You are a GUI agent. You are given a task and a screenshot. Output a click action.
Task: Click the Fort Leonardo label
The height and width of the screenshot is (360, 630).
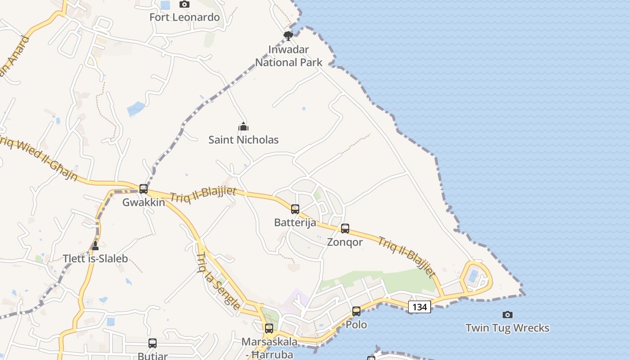tap(184, 18)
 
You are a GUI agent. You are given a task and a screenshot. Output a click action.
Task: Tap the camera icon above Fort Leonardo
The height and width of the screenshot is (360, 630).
tap(184, 4)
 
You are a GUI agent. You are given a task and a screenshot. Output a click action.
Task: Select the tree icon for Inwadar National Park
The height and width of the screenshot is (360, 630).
tap(288, 36)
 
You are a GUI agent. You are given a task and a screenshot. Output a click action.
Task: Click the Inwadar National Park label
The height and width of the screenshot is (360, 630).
tap(289, 56)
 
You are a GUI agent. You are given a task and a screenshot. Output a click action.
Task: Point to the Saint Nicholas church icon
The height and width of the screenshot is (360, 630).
tap(243, 126)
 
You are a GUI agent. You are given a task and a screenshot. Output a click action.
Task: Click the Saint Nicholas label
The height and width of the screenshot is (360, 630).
tap(243, 140)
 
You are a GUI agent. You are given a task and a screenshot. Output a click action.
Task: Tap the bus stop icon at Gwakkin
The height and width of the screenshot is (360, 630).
tap(144, 189)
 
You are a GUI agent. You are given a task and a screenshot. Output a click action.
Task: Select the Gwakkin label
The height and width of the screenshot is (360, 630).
tap(144, 202)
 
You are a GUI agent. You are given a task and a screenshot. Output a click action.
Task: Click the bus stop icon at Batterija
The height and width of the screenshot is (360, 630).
tap(295, 209)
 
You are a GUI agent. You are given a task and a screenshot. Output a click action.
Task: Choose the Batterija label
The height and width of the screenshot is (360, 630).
tap(295, 223)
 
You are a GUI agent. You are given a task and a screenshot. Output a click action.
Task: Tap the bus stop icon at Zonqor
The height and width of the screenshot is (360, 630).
tap(345, 229)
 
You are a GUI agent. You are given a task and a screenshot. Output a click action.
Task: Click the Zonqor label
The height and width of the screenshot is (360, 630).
tap(345, 242)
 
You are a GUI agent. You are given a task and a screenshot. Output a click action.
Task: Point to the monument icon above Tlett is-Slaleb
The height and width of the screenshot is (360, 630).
tap(95, 246)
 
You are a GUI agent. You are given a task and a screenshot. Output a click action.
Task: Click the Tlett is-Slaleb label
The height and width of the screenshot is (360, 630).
tap(95, 259)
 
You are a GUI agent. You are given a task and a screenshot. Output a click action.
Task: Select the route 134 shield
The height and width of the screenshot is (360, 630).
tap(419, 307)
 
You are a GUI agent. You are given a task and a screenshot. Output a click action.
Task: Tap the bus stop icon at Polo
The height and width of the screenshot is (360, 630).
tap(356, 311)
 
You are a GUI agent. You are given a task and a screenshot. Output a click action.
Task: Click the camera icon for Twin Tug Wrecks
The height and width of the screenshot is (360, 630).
tap(508, 315)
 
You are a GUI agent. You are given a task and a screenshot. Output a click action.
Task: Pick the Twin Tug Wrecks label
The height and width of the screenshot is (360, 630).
tap(508, 328)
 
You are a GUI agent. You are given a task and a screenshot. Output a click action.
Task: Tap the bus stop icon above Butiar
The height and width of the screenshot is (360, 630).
tap(153, 343)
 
